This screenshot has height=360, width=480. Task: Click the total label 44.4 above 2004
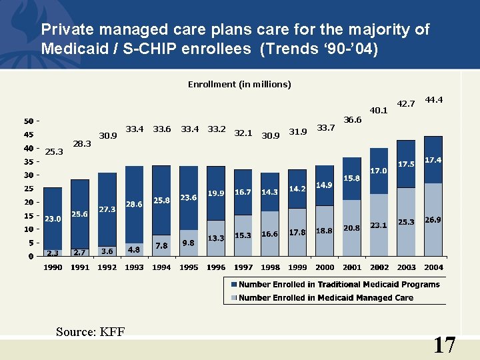click(434, 100)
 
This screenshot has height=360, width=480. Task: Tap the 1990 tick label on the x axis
click(53, 267)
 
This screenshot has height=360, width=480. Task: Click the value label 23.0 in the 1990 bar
click(53, 219)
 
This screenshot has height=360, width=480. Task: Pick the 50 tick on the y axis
click(29, 121)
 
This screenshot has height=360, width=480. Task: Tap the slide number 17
click(444, 345)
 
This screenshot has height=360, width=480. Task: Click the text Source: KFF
click(90, 332)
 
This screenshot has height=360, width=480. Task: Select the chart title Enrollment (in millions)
click(239, 85)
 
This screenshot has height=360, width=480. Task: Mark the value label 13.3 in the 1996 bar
click(215, 238)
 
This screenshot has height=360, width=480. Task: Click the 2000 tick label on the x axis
click(325, 267)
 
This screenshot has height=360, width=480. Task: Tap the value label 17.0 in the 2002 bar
click(379, 171)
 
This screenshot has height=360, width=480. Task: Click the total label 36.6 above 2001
click(352, 120)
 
